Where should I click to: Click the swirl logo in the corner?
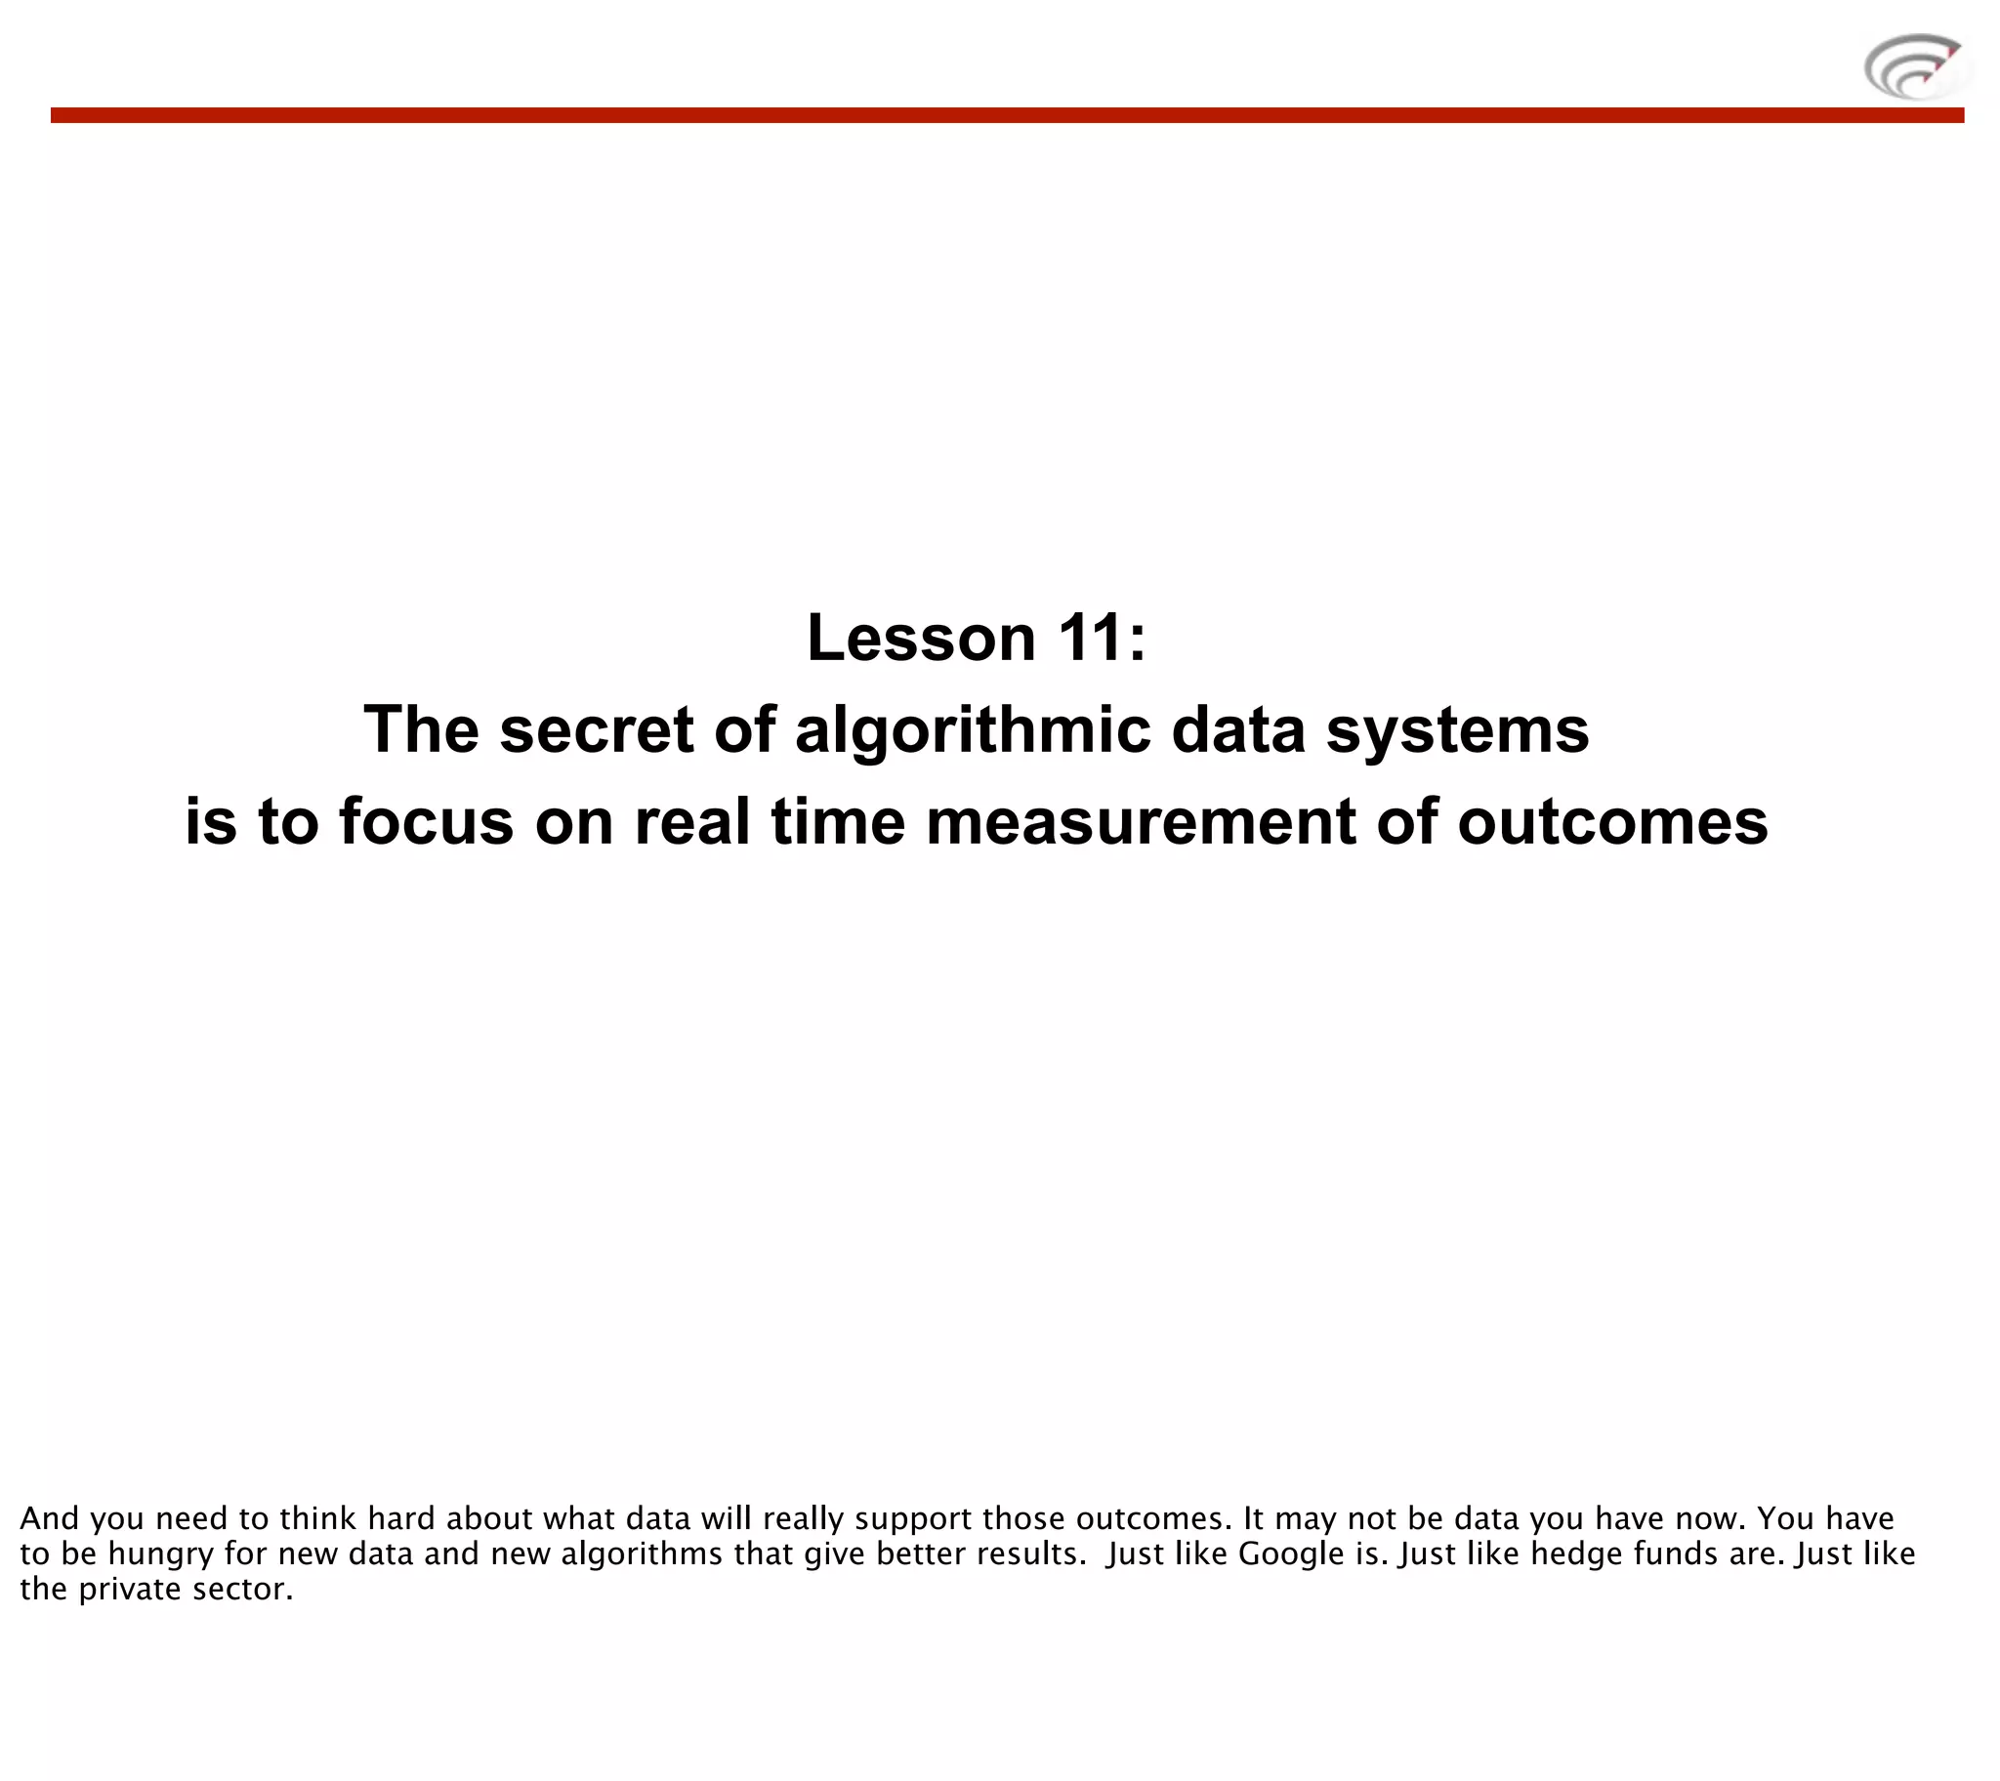[x=1916, y=66]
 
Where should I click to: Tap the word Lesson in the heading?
[x=921, y=638]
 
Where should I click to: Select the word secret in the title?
[x=596, y=730]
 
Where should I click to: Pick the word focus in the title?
[x=426, y=821]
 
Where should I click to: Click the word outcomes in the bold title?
[x=1612, y=821]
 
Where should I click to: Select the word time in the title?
[x=838, y=821]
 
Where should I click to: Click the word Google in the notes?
[x=1292, y=1553]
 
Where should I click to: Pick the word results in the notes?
[x=1038, y=1553]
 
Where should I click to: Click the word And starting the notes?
[x=49, y=1518]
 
